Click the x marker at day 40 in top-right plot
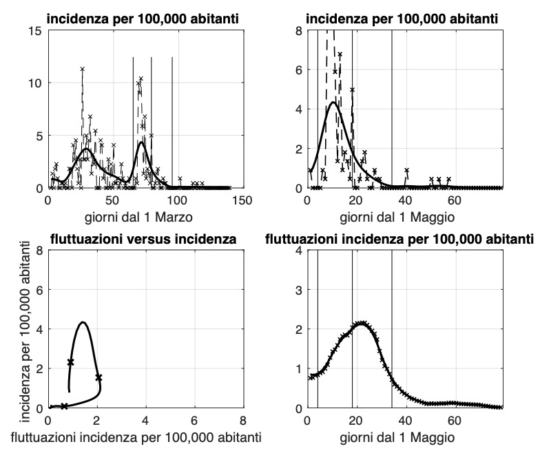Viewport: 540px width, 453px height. (406, 170)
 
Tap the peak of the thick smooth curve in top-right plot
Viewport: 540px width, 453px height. (333, 103)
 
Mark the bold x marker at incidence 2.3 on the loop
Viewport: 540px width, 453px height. (70, 361)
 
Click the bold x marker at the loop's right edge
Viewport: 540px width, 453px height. (98, 377)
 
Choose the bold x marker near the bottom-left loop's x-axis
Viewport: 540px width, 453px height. (64, 406)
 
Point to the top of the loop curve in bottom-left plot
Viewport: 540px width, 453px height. (83, 322)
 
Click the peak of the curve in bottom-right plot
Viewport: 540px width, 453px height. (360, 322)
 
